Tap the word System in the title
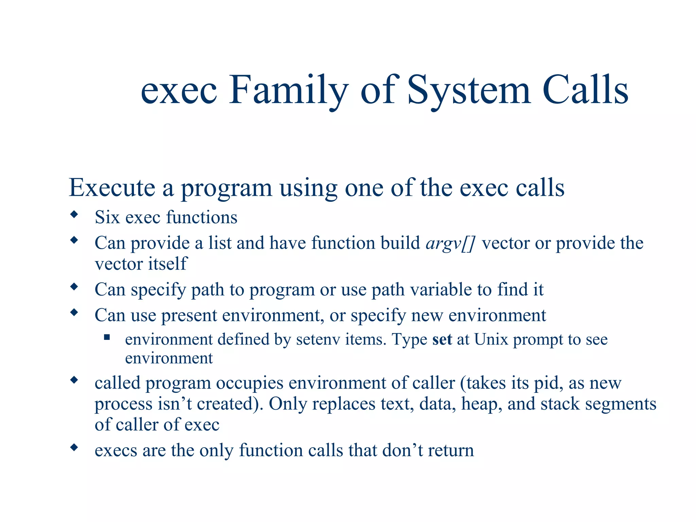(x=469, y=90)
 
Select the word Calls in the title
(x=585, y=90)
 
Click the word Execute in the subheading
(x=112, y=188)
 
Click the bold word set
(x=442, y=340)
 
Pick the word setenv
(x=318, y=340)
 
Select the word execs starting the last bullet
(x=116, y=451)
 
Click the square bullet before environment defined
(x=107, y=337)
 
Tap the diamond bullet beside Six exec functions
(x=74, y=215)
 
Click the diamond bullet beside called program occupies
(x=74, y=380)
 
